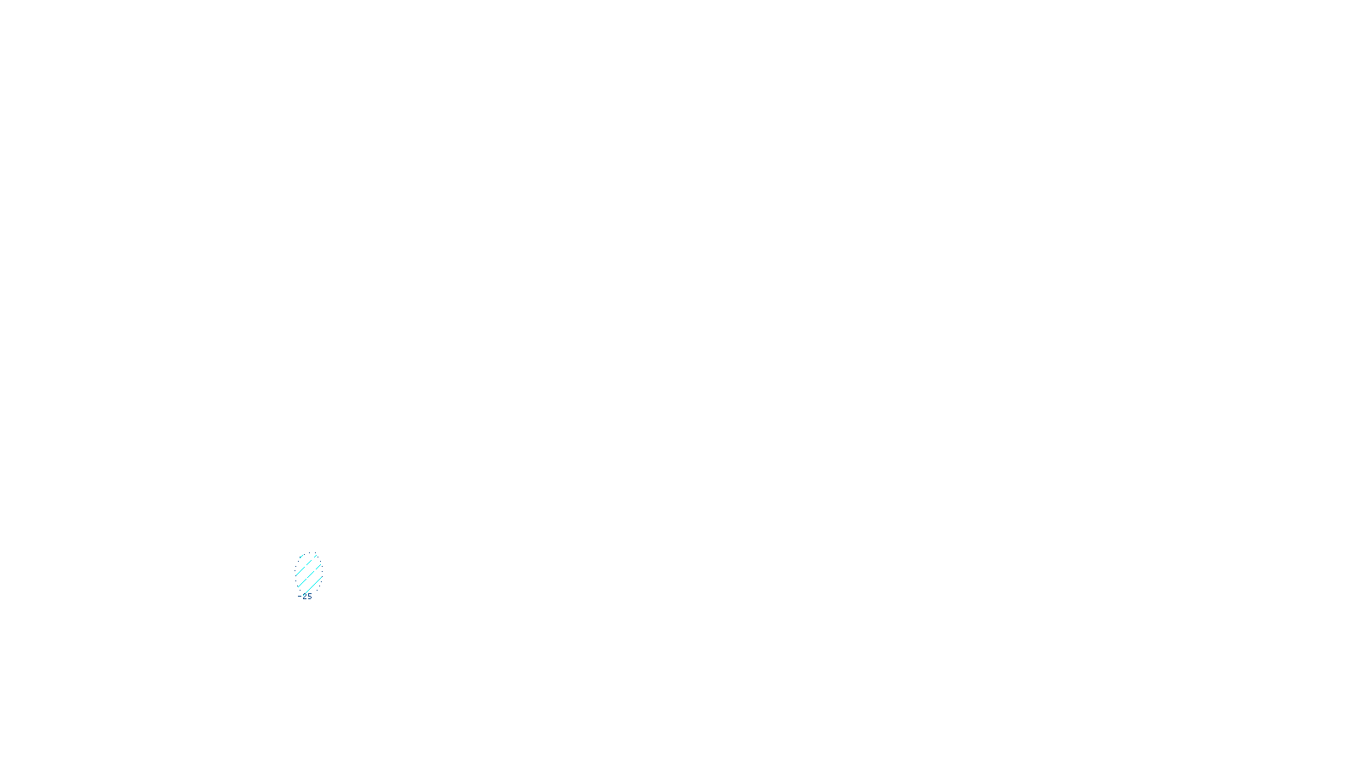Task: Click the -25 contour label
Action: tap(305, 597)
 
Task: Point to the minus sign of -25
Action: tap(299, 597)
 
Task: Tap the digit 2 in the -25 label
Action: tap(304, 597)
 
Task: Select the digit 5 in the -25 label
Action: tap(309, 597)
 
